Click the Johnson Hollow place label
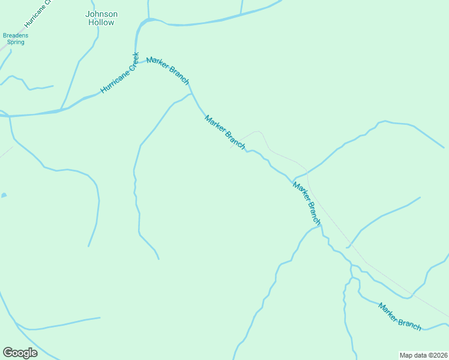pos(101,18)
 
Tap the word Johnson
pos(101,14)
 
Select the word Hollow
pos(101,22)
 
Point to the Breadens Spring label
pos(16,39)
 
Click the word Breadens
pos(16,35)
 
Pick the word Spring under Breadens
pos(16,43)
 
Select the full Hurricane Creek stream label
pos(120,73)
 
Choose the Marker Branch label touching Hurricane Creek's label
pos(168,70)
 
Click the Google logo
pos(20,353)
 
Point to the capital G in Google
pos(8,352)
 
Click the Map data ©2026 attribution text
pos(423,355)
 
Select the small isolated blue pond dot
pos(4,196)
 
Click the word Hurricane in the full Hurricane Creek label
pos(113,80)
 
